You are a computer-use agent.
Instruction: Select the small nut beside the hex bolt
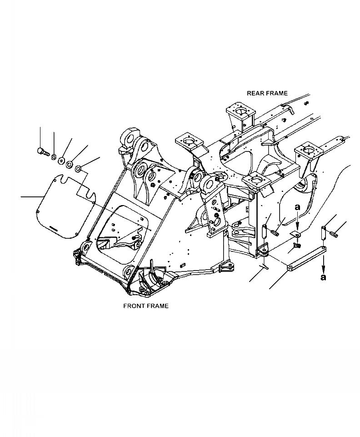[53, 158]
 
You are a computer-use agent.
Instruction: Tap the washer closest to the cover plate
[78, 169]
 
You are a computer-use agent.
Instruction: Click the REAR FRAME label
[267, 93]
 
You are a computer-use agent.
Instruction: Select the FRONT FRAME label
[146, 306]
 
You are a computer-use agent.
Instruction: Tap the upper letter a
[297, 207]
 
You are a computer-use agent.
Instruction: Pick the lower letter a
[323, 277]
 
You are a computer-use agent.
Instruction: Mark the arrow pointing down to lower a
[323, 262]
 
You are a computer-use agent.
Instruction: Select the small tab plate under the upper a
[296, 235]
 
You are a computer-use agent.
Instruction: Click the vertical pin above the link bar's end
[324, 232]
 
